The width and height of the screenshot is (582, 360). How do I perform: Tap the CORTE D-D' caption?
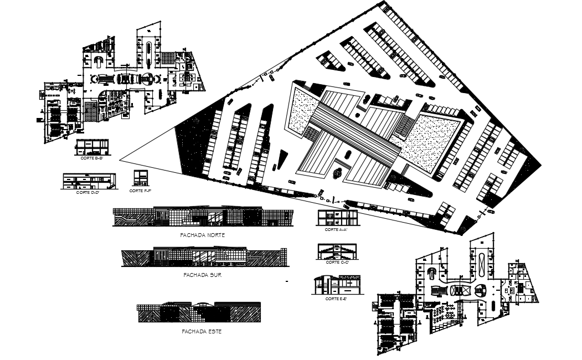pyautogui.click(x=88, y=192)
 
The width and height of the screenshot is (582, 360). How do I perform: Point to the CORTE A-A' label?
pyautogui.click(x=336, y=229)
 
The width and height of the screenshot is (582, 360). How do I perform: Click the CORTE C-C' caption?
pyautogui.click(x=336, y=262)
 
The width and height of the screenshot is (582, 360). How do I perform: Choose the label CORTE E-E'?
pyautogui.click(x=336, y=299)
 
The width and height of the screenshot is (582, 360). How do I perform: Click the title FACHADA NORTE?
pyautogui.click(x=203, y=235)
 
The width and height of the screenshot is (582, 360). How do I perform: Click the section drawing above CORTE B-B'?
pyautogui.click(x=92, y=147)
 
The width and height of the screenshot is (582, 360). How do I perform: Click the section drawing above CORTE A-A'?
pyautogui.click(x=337, y=218)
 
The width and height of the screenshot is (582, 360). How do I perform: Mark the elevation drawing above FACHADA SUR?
pyautogui.click(x=204, y=256)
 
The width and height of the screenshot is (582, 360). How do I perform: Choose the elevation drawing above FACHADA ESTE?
pyautogui.click(x=199, y=312)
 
